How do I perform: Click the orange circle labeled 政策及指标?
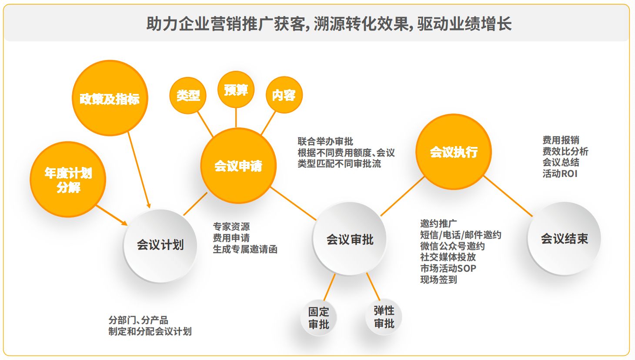pyautogui.click(x=110, y=98)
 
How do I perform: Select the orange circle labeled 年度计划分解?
pyautogui.click(x=68, y=180)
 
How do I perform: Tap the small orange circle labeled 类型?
pyautogui.click(x=188, y=95)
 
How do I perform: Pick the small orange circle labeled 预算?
pyautogui.click(x=236, y=90)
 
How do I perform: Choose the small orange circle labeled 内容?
pyautogui.click(x=284, y=95)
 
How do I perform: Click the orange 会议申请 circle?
pyautogui.click(x=238, y=166)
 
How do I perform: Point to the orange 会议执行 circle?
pyautogui.click(x=454, y=152)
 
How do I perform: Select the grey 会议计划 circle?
pyautogui.click(x=160, y=245)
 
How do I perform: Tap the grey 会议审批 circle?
pyautogui.click(x=350, y=239)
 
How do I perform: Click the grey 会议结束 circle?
pyautogui.click(x=564, y=239)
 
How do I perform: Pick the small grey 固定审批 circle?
pyautogui.click(x=319, y=318)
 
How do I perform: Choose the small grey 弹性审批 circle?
pyautogui.click(x=384, y=317)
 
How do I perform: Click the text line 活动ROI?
pyautogui.click(x=560, y=173)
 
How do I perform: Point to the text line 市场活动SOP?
pyautogui.click(x=448, y=268)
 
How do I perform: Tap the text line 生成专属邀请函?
pyautogui.click(x=245, y=249)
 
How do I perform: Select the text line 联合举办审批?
pyautogui.click(x=325, y=141)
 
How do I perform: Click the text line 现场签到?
pyautogui.click(x=438, y=280)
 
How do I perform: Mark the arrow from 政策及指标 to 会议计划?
pyautogui.click(x=139, y=170)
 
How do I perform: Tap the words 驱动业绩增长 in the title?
pyautogui.click(x=465, y=23)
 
